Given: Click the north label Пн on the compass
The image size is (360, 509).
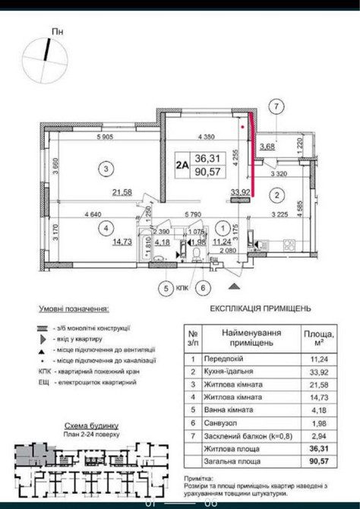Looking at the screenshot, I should (57, 30).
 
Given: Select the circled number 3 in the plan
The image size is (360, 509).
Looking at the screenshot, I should (109, 169).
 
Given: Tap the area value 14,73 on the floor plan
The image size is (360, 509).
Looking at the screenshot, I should (122, 242).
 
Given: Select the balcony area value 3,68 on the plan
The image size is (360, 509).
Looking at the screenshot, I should (267, 147).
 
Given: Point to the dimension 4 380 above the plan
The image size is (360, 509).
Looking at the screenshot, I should (208, 137).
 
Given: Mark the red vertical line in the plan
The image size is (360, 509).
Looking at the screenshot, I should (251, 156).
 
